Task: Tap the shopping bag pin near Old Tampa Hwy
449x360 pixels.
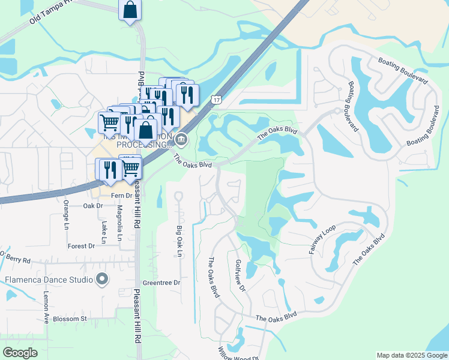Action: point(130,10)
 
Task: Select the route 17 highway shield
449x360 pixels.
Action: point(216,98)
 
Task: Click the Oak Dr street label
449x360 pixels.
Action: point(93,206)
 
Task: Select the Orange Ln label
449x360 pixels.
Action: point(67,215)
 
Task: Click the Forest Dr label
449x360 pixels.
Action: point(81,246)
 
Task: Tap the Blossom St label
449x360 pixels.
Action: point(70,319)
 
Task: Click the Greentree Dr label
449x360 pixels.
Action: point(161,283)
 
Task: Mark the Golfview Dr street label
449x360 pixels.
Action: point(241,275)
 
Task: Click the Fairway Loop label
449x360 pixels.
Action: point(322,238)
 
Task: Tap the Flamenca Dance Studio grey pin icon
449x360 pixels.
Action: point(102,279)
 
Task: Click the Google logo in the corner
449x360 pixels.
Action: point(20,353)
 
